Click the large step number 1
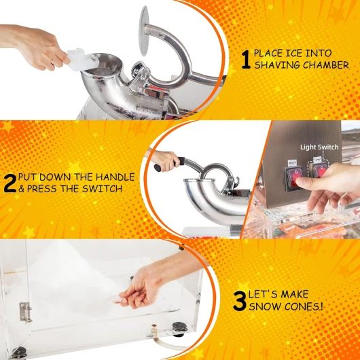pos(246,60)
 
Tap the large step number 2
pos(10,183)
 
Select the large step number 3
pos(240,301)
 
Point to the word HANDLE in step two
pos(115,177)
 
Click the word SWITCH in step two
pos(103,189)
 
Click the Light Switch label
pos(319,147)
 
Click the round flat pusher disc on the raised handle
pos(144,31)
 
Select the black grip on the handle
pos(169,164)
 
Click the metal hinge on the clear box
pos(25,312)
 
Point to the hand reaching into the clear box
pos(143,287)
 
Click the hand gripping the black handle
pos(164,161)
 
